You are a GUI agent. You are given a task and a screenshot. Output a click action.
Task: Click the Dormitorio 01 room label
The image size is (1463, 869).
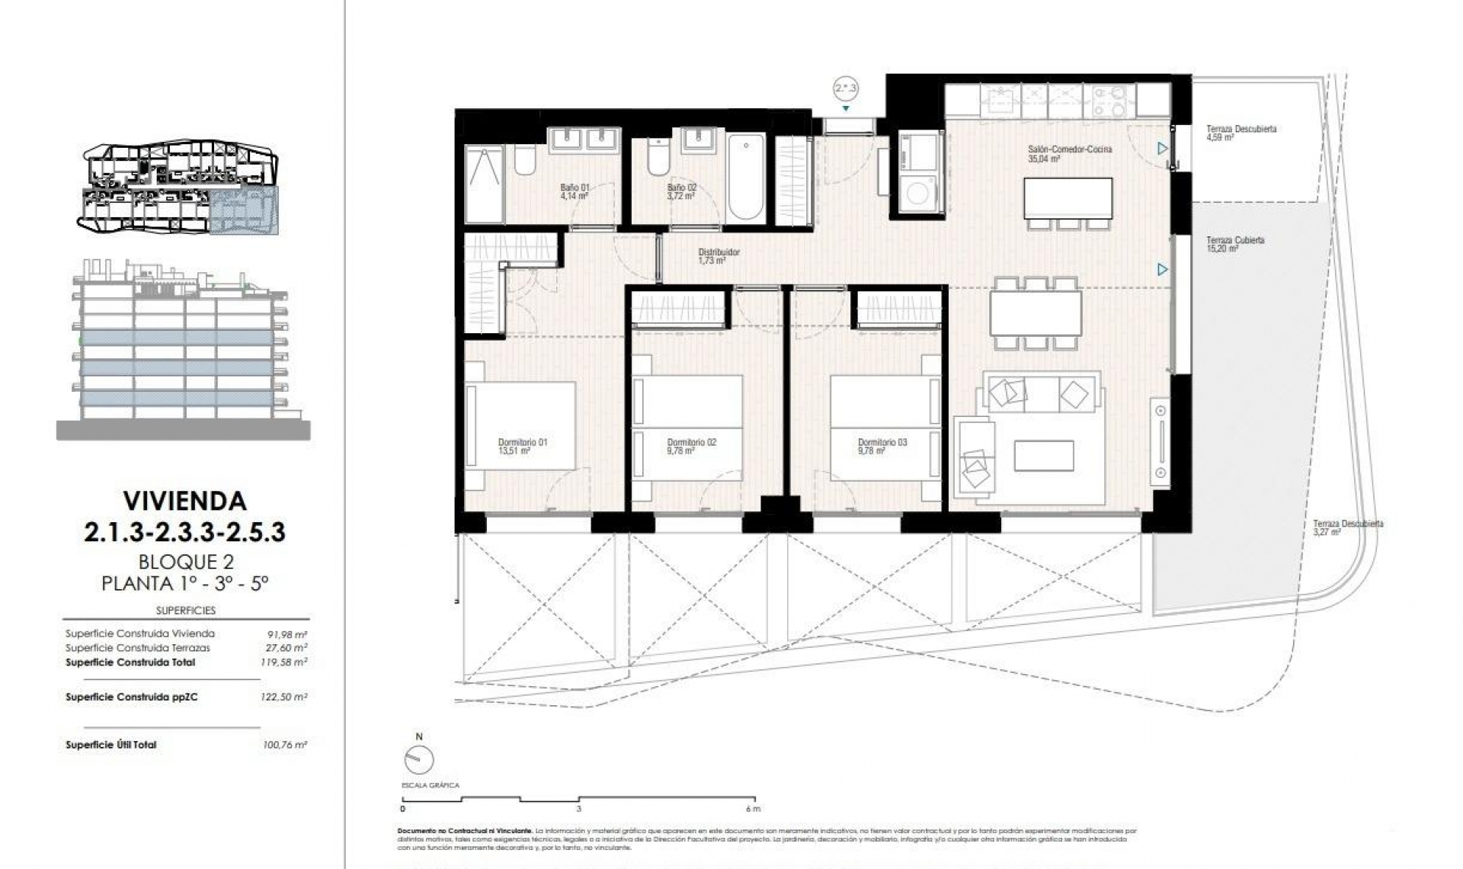tap(522, 446)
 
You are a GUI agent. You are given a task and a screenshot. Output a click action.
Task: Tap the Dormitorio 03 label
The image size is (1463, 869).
tap(882, 446)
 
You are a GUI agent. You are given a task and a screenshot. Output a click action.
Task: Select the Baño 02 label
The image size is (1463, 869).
tap(681, 191)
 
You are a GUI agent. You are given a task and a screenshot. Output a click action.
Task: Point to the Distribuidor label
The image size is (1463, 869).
tap(719, 256)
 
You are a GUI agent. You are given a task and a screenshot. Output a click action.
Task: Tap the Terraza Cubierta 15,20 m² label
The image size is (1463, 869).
tap(1234, 244)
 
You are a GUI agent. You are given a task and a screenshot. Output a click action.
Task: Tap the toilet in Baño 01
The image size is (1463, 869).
tap(524, 159)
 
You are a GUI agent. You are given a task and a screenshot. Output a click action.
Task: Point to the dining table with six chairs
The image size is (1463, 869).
tap(1035, 313)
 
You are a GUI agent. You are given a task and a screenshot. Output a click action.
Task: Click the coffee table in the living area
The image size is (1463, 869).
tap(1043, 456)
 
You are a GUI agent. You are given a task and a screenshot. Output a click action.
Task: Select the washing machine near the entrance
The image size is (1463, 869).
tap(917, 194)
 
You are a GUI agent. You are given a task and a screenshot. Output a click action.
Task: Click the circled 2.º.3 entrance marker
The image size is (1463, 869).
tap(845, 89)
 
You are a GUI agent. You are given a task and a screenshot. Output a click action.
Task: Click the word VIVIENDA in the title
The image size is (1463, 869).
tap(185, 501)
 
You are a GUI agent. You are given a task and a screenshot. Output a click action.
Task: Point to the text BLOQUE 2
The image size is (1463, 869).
tap(185, 562)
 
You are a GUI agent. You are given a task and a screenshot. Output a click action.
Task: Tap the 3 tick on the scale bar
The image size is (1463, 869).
tap(578, 810)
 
